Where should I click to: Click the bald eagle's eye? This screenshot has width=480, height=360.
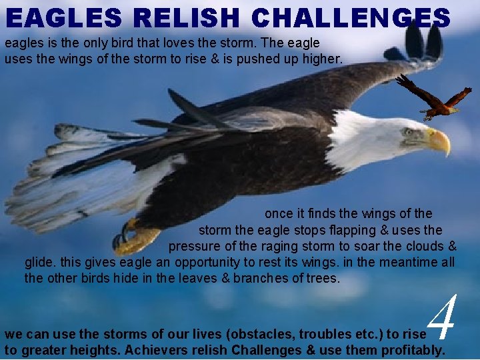408,131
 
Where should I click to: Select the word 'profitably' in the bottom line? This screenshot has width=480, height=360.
413,350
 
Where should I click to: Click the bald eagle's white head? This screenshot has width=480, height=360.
380,137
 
